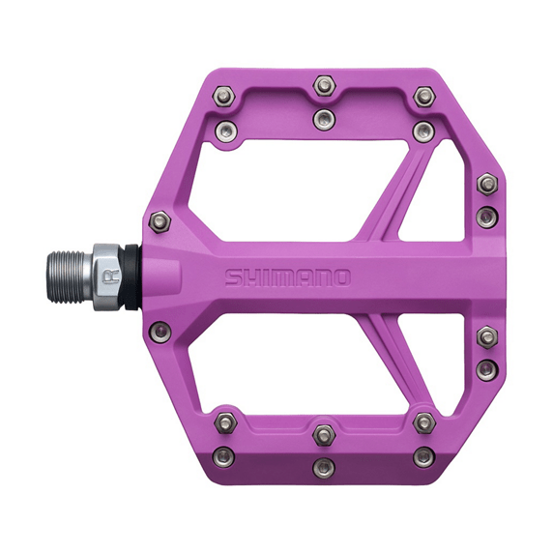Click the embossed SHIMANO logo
[x=288, y=278]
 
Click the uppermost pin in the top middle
[x=324, y=87]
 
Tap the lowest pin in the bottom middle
[x=324, y=468]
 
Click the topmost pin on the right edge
[x=487, y=182]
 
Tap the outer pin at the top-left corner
[x=224, y=95]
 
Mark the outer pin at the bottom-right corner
[x=422, y=457]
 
